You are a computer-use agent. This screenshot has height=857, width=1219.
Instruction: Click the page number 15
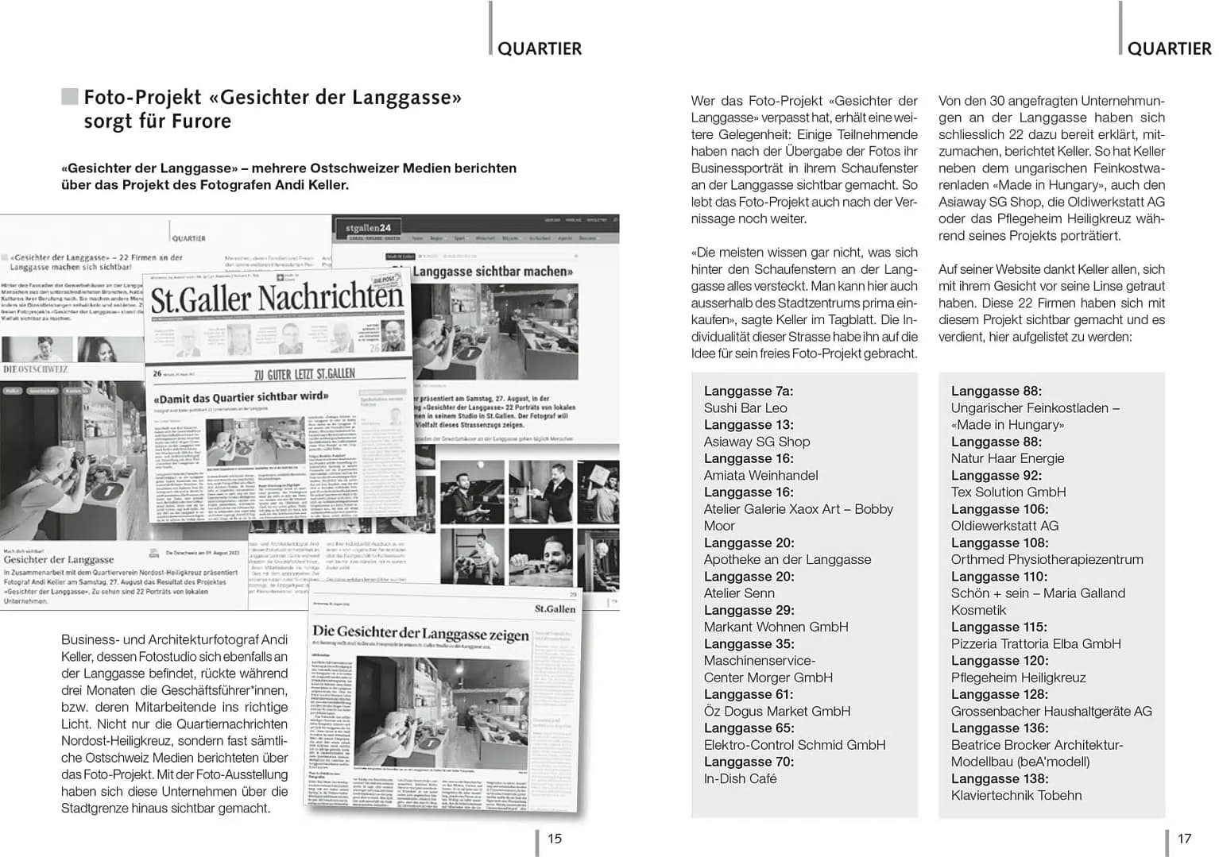555,838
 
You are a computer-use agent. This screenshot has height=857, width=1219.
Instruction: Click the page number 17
1184,838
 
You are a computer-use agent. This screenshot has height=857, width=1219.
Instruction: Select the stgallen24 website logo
368,228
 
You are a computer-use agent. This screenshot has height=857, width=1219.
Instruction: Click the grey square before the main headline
70,97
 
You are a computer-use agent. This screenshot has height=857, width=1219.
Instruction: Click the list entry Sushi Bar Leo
745,408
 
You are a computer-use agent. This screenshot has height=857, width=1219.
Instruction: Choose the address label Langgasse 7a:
749,391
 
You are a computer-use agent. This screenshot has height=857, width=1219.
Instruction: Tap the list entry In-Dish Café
740,778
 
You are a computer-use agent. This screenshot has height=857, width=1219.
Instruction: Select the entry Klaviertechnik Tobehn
1016,795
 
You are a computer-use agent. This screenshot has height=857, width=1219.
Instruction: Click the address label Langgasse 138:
1000,778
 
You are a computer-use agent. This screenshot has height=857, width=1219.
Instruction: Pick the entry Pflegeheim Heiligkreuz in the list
1018,677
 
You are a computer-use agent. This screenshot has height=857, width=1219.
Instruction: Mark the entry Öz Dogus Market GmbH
777,711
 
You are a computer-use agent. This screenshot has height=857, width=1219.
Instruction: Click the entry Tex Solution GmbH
1008,492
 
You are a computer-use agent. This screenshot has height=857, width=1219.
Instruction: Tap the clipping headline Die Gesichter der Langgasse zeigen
420,634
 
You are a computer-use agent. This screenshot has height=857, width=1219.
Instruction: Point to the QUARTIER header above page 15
540,48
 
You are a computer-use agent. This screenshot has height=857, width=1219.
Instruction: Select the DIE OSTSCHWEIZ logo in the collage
36,369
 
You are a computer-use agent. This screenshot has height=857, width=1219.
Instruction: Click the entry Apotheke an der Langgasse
788,559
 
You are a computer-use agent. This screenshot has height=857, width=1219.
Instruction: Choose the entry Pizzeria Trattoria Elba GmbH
1036,643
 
